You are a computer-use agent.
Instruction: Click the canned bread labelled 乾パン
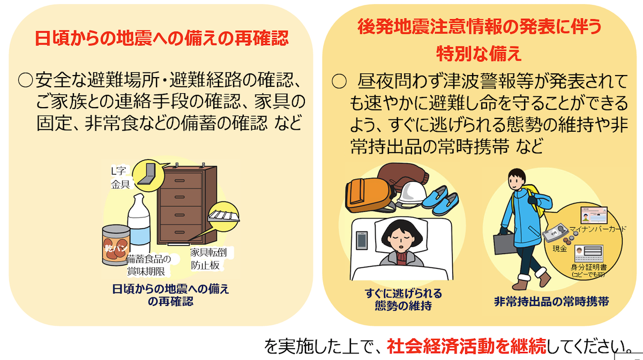click(116, 245)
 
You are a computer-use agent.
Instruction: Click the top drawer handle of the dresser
click(180, 181)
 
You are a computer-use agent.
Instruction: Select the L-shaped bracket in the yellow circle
click(147, 174)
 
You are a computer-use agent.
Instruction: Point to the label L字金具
click(120, 178)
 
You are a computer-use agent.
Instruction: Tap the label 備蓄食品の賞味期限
click(148, 265)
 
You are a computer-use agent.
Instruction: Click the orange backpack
click(369, 195)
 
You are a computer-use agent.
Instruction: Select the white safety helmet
click(411, 194)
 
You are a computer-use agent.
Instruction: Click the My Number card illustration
click(594, 215)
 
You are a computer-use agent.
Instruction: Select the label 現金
click(560, 249)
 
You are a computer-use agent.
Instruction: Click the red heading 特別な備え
click(478, 54)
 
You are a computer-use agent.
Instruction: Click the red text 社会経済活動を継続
click(467, 347)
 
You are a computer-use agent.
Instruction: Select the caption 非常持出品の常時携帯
click(551, 302)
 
